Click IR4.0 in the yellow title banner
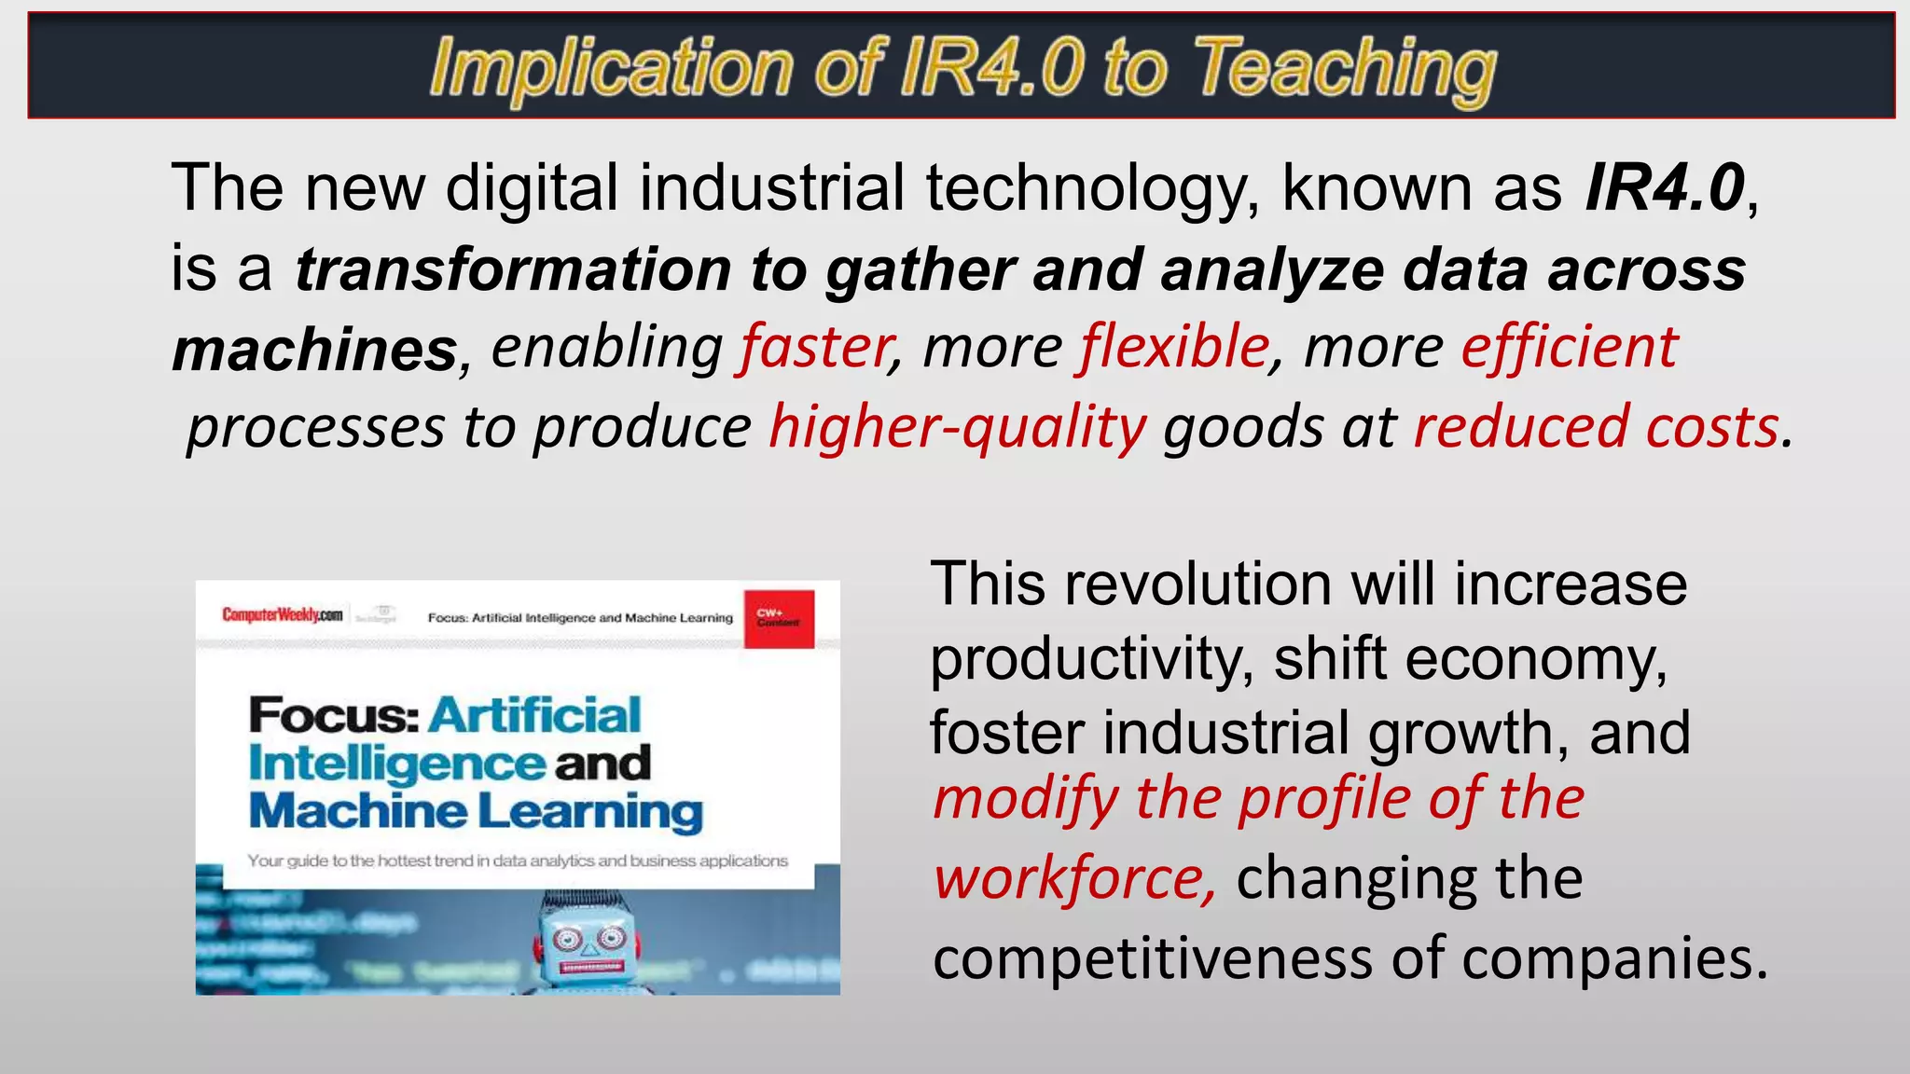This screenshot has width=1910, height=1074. point(992,67)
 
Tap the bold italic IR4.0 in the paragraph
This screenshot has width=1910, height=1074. point(1665,187)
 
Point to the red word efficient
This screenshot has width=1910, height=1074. point(1570,347)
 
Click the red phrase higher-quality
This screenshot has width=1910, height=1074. point(958,428)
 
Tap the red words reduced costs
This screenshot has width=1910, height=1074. point(1596,428)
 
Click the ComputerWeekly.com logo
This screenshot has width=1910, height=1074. point(282,614)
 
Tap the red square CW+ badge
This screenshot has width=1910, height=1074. point(779,618)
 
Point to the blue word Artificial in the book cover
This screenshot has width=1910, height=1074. point(534,715)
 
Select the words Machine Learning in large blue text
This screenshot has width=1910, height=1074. point(476,811)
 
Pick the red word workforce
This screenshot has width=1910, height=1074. point(1073,878)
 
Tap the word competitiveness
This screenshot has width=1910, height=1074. point(1153,958)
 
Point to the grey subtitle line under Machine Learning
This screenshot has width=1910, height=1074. point(518,861)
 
